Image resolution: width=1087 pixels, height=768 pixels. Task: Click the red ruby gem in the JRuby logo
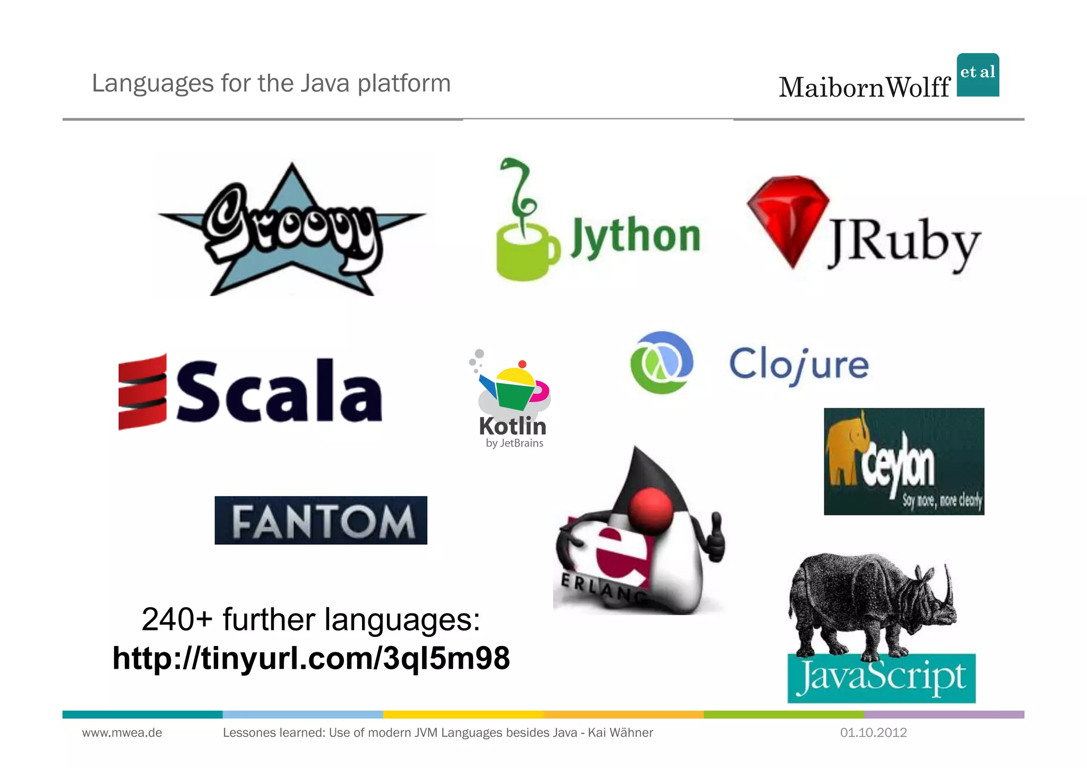click(788, 218)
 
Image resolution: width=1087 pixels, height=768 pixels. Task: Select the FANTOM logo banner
click(321, 520)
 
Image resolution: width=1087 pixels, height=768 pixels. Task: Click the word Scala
click(278, 392)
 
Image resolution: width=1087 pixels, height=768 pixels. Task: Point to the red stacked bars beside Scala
click(142, 392)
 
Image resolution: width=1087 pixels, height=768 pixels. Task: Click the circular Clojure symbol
click(661, 363)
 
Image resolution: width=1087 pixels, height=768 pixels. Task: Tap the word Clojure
click(799, 365)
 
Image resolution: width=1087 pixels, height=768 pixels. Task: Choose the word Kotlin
click(512, 426)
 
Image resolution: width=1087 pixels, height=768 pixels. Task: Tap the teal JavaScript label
click(881, 678)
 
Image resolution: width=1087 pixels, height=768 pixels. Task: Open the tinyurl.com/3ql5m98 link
click(311, 658)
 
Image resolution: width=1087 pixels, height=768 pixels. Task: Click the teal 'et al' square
click(978, 74)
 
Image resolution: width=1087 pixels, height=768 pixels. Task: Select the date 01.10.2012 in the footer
click(873, 733)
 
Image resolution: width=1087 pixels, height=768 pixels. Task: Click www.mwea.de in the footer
click(122, 733)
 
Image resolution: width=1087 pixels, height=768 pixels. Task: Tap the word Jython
click(635, 237)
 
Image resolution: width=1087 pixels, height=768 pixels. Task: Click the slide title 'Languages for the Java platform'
click(271, 83)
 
